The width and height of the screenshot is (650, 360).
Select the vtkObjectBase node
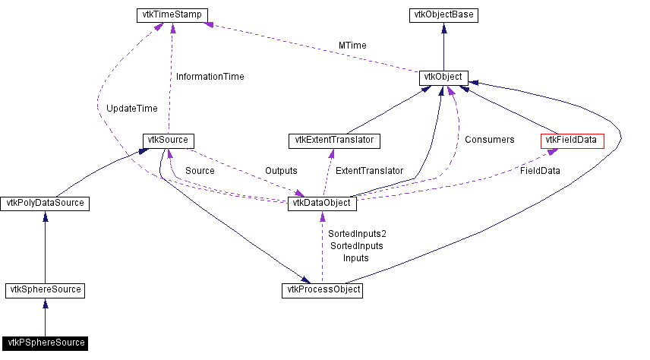click(443, 14)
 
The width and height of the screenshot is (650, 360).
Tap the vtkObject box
click(443, 77)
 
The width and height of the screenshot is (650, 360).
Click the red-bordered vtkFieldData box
click(572, 141)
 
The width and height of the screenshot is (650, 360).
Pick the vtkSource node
click(166, 141)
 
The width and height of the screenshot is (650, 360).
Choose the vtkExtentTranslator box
click(334, 141)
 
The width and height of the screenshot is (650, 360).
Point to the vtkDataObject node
click(321, 204)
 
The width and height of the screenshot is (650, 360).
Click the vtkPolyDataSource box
click(46, 204)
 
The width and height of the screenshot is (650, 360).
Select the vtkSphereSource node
click(46, 290)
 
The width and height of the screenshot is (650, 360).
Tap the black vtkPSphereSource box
click(45, 343)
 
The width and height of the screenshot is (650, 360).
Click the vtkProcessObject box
click(322, 290)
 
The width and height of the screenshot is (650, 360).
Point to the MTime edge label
click(352, 46)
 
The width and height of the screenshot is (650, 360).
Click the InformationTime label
click(210, 76)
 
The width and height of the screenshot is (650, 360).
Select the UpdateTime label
click(132, 109)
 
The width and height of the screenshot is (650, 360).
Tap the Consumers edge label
click(489, 139)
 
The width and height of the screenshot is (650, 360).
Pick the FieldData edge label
click(540, 171)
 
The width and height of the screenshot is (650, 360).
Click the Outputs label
click(281, 171)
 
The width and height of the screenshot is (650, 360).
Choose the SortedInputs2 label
click(357, 234)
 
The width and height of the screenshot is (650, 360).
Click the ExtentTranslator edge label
click(369, 171)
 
